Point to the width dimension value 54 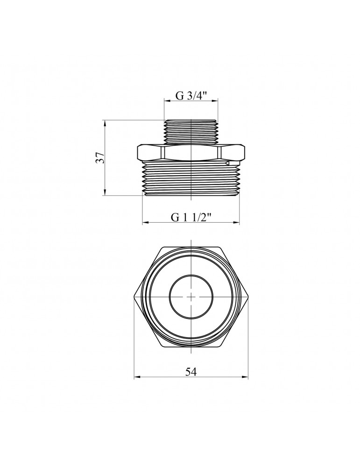click(x=191, y=372)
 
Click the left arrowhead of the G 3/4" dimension click(x=167, y=101)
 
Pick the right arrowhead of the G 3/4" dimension click(x=215, y=101)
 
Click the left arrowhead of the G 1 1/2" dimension click(x=145, y=223)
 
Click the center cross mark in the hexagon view click(x=191, y=297)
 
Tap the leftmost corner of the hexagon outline click(x=134, y=297)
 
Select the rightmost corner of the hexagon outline click(x=248, y=297)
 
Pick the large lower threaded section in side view click(x=191, y=179)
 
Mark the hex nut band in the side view click(x=191, y=152)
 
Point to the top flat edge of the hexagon click(x=191, y=247)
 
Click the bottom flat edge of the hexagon click(x=191, y=347)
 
